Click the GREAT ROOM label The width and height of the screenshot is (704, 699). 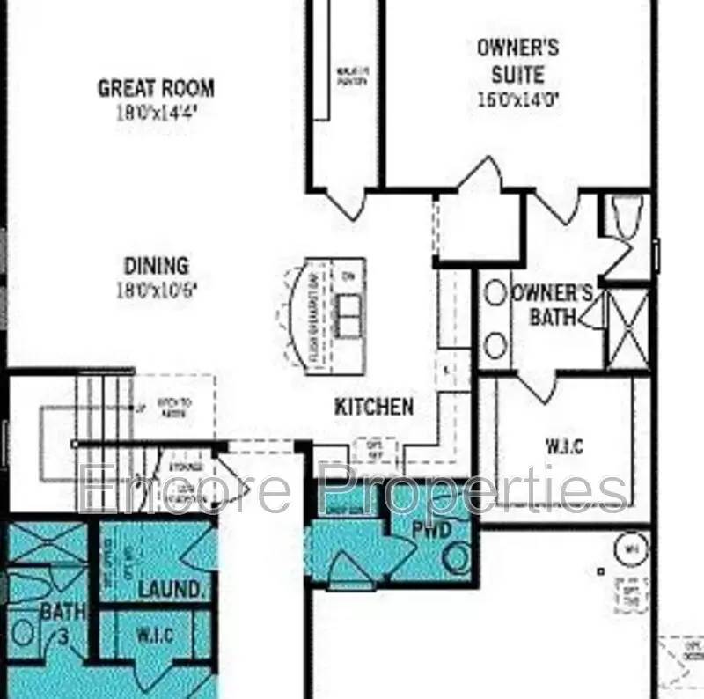click(156, 88)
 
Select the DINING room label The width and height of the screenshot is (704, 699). click(156, 265)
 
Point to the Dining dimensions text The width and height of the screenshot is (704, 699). click(155, 290)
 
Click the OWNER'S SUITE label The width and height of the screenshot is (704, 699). click(517, 60)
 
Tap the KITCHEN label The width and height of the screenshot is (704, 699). click(374, 407)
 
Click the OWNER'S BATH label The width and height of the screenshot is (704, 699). click(553, 305)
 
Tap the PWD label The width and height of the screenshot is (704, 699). click(432, 529)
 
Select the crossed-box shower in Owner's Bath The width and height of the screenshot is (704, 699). click(628, 328)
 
